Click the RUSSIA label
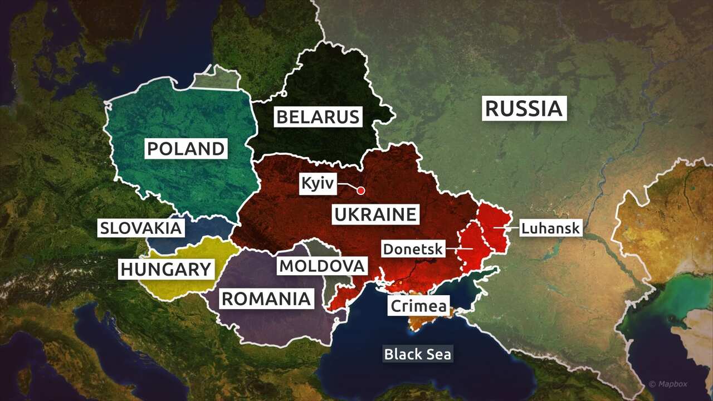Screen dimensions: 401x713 tap(524, 108)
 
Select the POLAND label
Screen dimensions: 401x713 tap(185, 149)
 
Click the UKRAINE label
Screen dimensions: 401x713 tap(375, 214)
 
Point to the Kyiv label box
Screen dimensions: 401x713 tap(318, 183)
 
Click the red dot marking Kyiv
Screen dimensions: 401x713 tap(360, 190)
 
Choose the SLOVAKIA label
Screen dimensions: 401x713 tap(141, 228)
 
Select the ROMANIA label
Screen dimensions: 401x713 tap(266, 299)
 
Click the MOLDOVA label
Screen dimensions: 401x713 tap(323, 266)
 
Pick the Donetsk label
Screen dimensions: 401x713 tap(413, 248)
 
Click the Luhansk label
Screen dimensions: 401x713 tap(550, 228)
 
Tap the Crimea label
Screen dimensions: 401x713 tap(419, 306)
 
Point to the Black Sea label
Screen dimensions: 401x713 tap(418, 354)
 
